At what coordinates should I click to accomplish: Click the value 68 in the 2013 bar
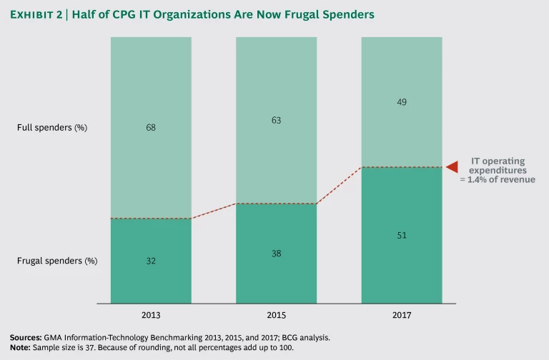click(x=151, y=128)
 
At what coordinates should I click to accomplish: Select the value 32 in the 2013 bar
click(x=151, y=261)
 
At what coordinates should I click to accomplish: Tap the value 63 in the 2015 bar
click(x=276, y=121)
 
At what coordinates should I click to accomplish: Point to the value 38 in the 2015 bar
click(x=276, y=254)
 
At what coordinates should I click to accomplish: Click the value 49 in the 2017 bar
click(x=401, y=102)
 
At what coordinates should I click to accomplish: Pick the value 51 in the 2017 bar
click(x=401, y=235)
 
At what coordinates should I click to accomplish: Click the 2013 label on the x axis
click(x=151, y=314)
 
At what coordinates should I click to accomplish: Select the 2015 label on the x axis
click(x=276, y=314)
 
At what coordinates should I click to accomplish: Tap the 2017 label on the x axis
click(x=401, y=314)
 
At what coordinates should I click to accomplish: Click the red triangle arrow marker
click(x=451, y=167)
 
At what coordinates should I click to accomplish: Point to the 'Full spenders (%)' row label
click(x=56, y=128)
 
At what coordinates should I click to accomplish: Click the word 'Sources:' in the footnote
click(x=26, y=336)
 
